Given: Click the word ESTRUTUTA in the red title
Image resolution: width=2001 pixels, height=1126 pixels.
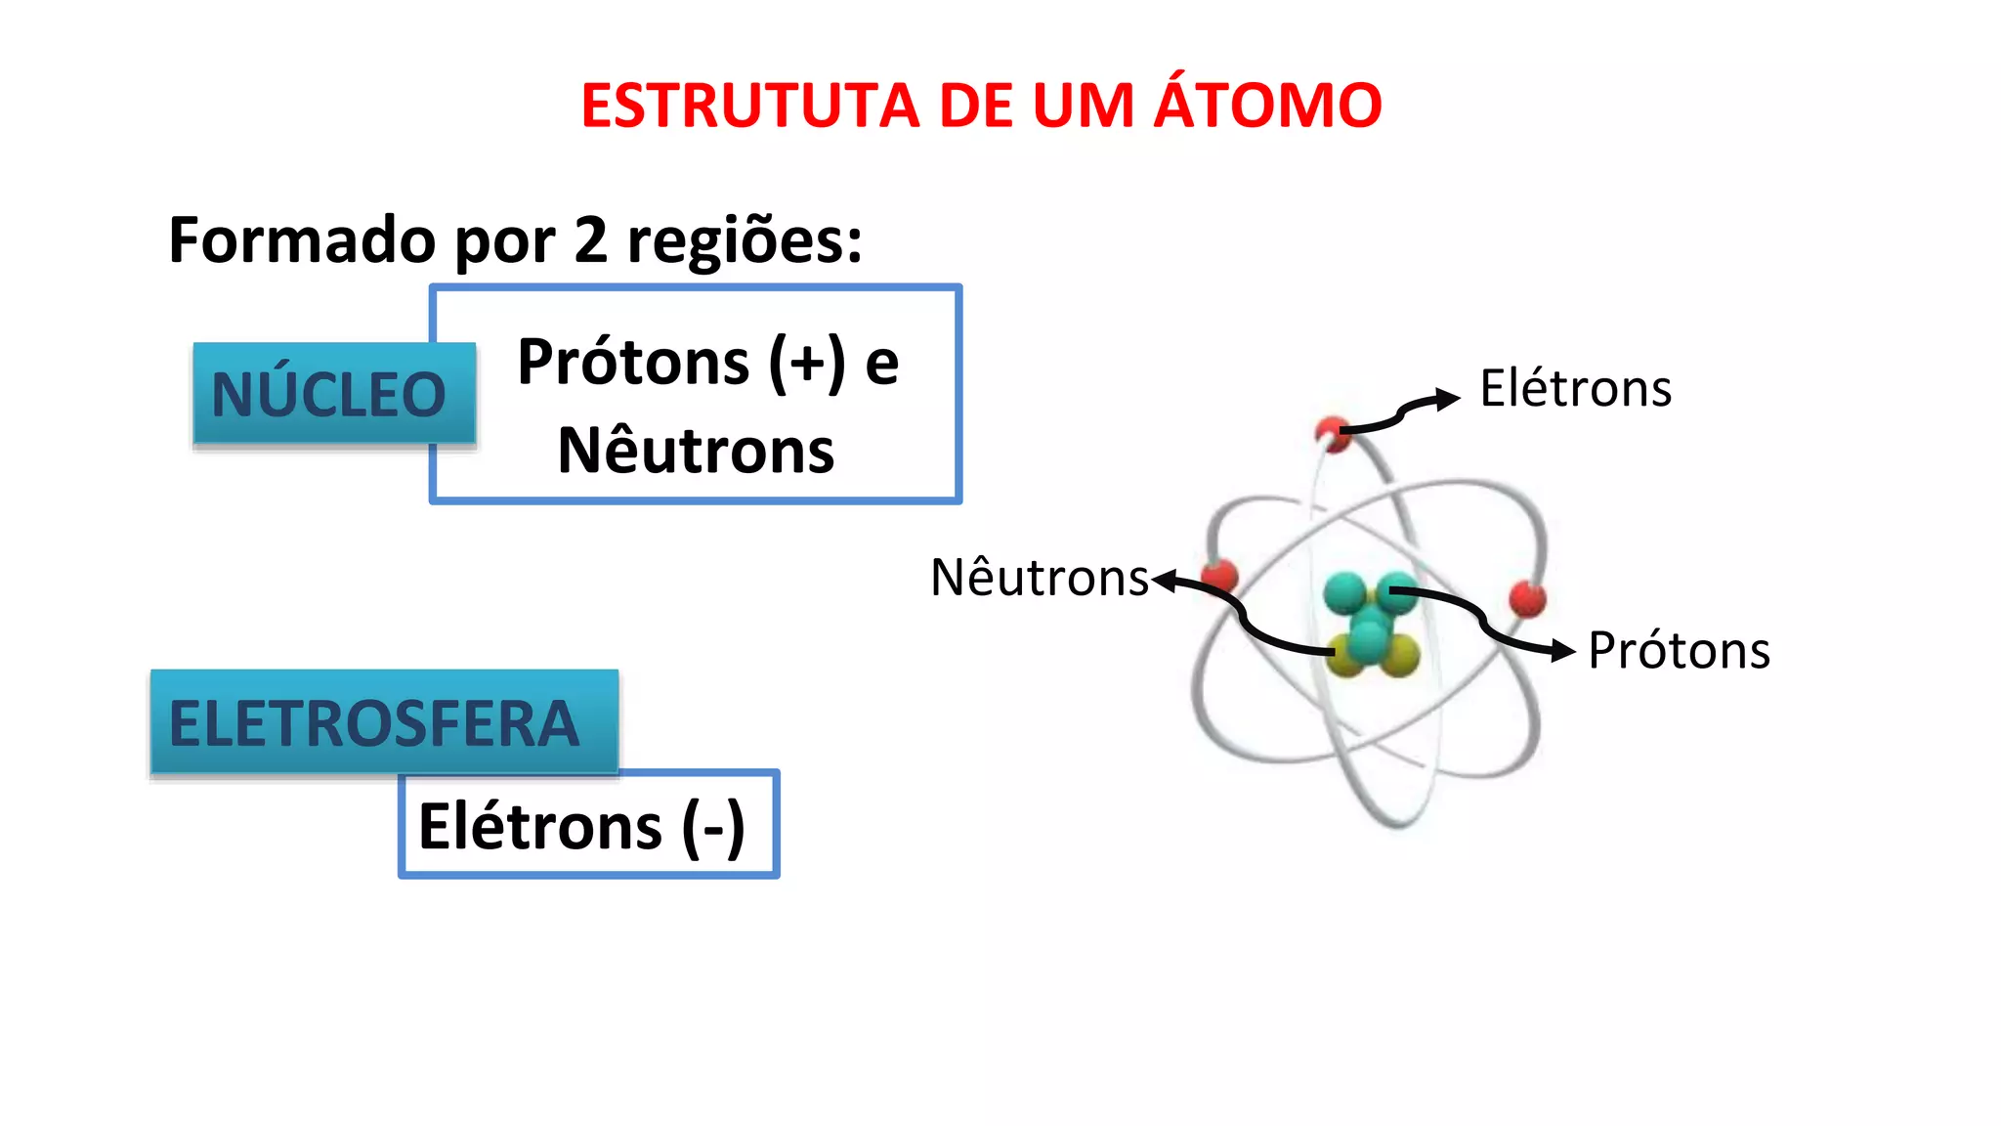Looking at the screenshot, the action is click(750, 106).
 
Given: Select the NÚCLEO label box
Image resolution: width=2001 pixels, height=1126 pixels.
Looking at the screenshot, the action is click(329, 395).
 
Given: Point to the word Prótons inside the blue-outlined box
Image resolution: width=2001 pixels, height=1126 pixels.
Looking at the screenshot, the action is click(632, 363).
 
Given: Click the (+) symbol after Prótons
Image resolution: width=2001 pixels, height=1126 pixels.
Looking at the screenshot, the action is click(807, 363).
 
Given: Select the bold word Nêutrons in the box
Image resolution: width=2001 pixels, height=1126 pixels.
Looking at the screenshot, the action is click(696, 451).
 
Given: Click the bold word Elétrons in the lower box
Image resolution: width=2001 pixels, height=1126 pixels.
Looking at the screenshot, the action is click(540, 827).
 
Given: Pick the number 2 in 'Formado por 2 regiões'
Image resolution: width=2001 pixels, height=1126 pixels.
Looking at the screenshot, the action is click(590, 240).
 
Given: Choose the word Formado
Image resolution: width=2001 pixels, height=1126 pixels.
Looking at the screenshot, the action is click(302, 240).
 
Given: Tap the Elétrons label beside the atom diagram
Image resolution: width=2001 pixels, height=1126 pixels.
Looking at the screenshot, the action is click(1575, 388).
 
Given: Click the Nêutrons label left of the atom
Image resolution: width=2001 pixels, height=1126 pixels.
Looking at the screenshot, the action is click(1040, 577).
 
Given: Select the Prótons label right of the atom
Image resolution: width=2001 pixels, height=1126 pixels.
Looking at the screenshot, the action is click(1679, 651).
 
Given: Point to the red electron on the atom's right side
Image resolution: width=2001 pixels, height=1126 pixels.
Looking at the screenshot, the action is click(1527, 598).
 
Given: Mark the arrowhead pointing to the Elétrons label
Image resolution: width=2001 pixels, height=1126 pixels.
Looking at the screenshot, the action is click(1448, 399).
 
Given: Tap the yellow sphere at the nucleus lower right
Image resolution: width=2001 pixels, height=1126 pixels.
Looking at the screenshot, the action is click(1401, 655).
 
